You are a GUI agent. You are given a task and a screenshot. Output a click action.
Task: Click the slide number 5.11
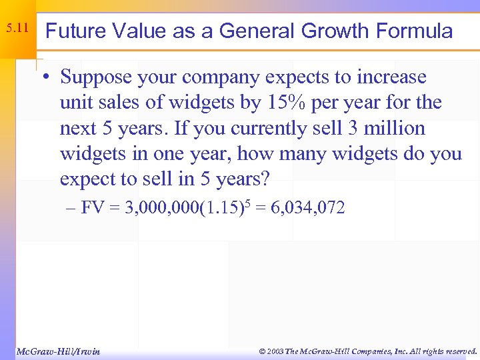coord(17,29)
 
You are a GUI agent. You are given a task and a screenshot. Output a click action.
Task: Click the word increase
coord(390,77)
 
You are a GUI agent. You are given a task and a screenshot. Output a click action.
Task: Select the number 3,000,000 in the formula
coord(157,209)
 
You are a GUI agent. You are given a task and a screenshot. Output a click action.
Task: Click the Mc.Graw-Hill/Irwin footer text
coord(57,351)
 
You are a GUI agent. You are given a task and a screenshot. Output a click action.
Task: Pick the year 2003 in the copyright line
coord(275,351)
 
